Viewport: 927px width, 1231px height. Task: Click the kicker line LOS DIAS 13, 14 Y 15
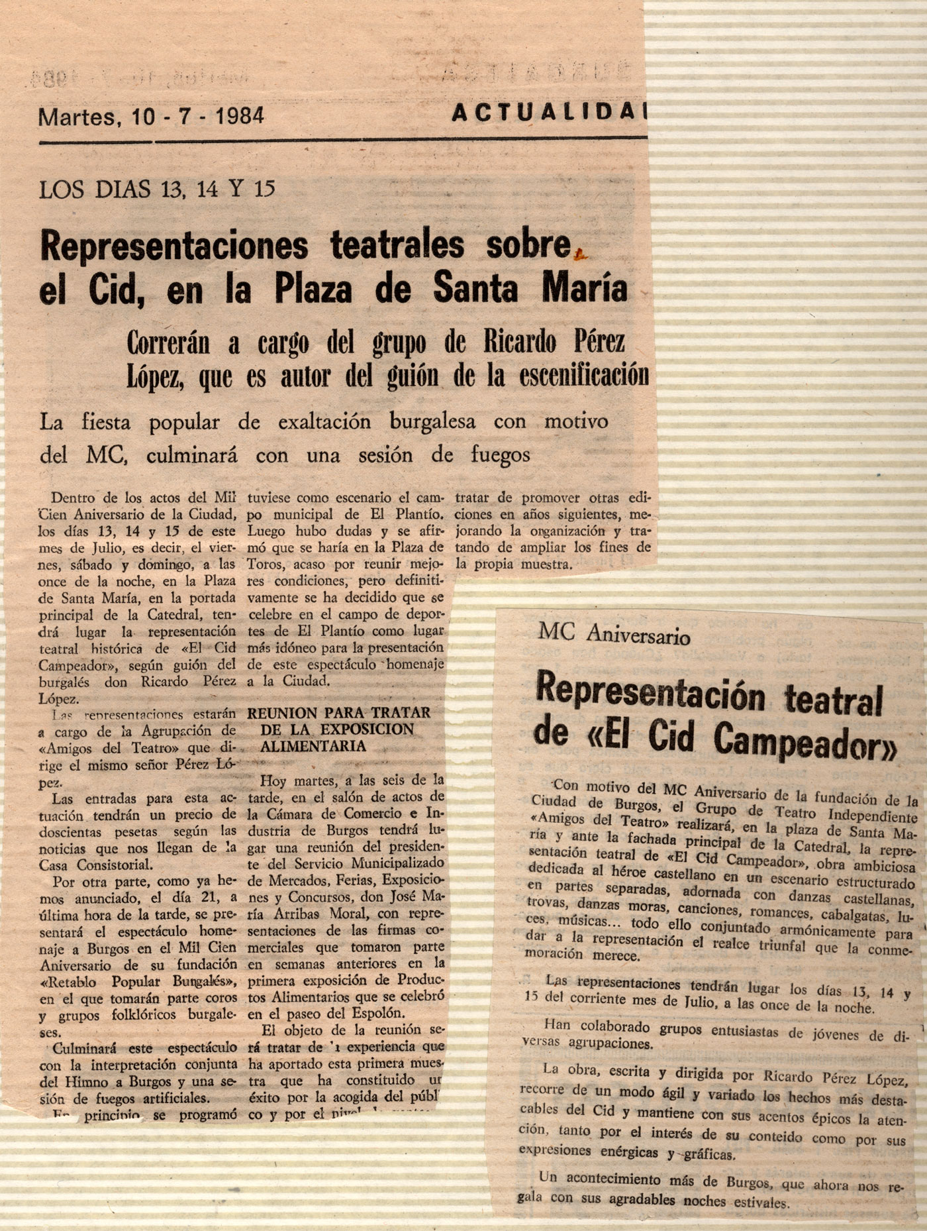coord(157,190)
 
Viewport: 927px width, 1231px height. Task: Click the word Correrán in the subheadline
coord(168,343)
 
